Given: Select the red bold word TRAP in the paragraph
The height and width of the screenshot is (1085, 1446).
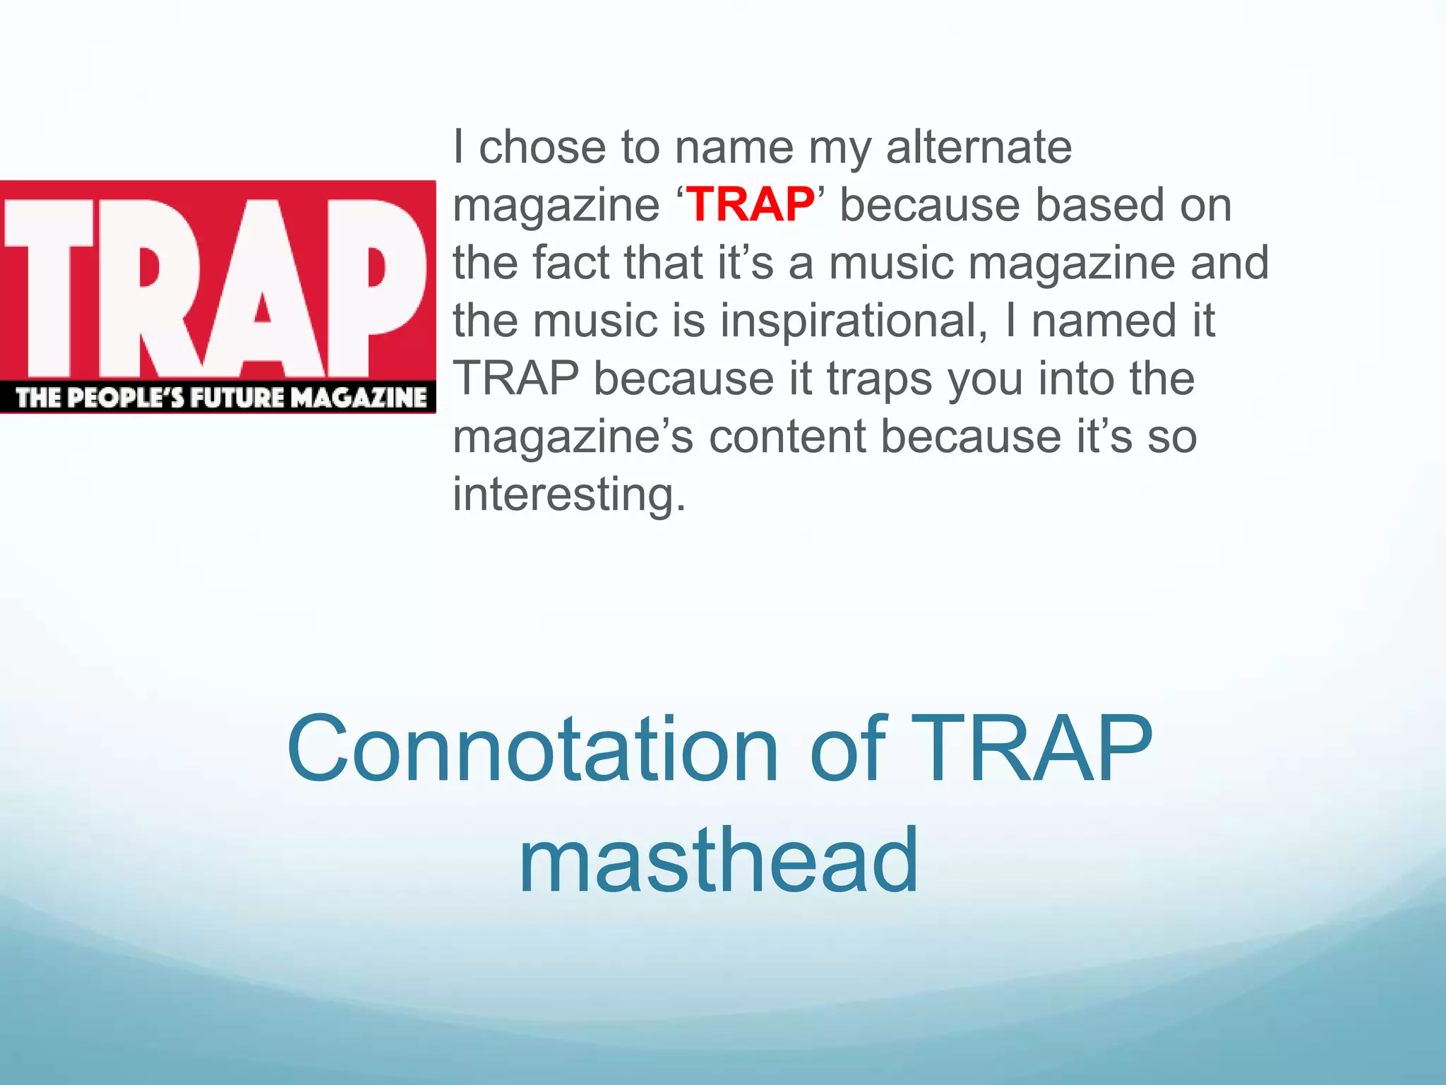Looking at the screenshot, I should tap(751, 205).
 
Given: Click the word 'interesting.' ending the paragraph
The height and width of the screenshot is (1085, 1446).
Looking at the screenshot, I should tap(569, 494).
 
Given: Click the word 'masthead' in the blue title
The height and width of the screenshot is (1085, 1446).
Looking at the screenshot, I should tap(718, 860).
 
